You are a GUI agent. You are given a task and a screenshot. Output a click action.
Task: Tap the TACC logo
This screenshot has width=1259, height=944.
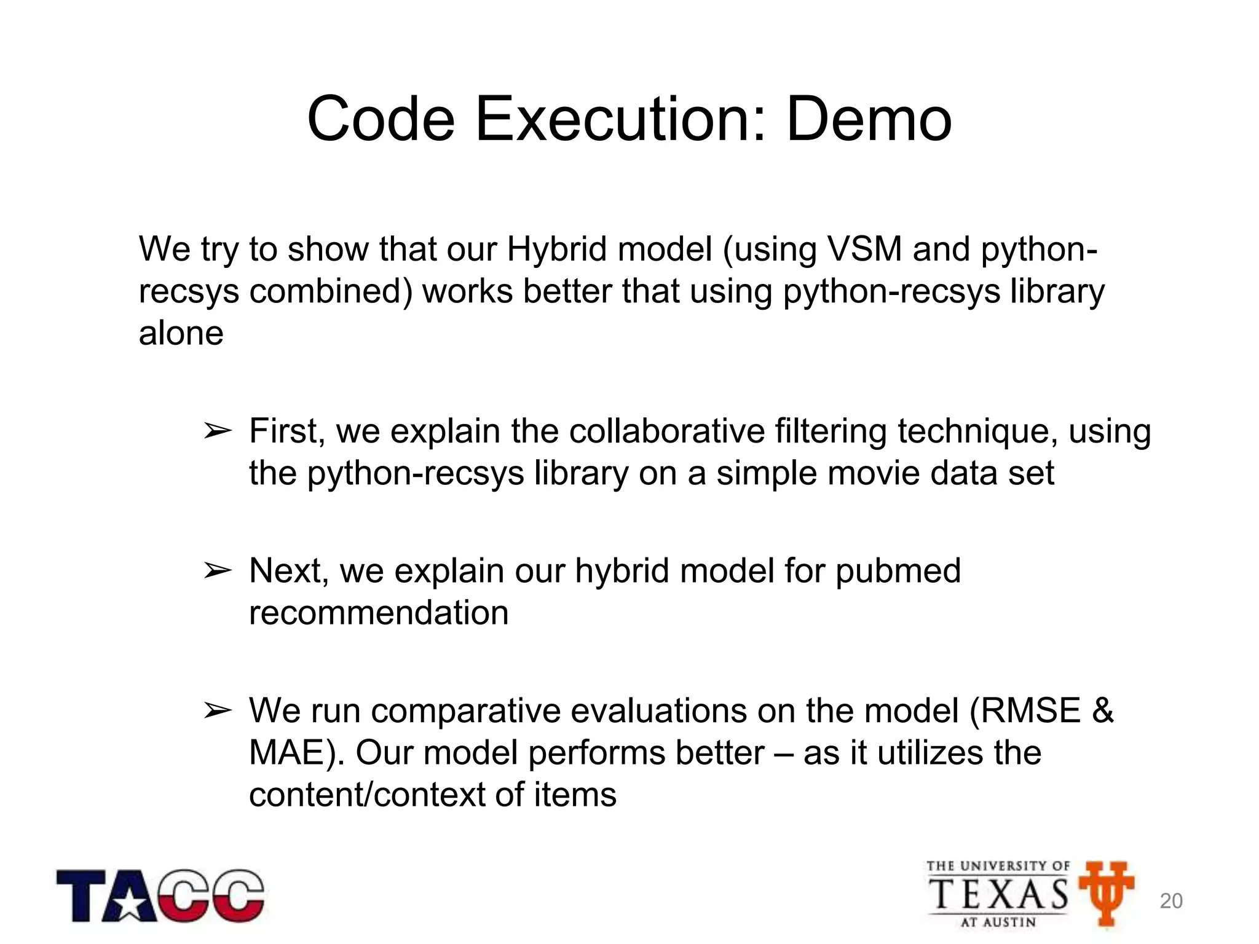click(160, 895)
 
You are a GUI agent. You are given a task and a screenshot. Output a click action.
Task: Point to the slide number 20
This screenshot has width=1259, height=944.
click(1170, 901)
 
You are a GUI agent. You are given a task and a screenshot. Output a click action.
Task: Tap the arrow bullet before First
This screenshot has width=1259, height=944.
click(217, 432)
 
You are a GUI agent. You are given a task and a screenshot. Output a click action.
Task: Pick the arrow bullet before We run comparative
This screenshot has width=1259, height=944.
click(217, 711)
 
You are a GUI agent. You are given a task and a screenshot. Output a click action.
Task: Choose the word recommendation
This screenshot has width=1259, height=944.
click(379, 613)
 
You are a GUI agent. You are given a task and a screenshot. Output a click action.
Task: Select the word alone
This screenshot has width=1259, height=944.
click(181, 333)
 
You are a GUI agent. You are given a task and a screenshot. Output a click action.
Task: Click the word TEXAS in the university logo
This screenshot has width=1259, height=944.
click(998, 894)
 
